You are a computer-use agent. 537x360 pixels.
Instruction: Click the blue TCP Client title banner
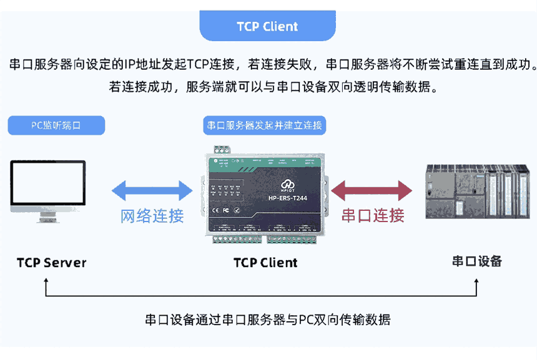click(267, 26)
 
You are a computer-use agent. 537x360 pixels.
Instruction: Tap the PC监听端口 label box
click(56, 125)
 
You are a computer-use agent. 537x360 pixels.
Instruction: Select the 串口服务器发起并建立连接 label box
click(265, 125)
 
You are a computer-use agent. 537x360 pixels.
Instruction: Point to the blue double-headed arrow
click(152, 190)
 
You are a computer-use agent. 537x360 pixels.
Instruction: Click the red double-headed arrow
click(372, 190)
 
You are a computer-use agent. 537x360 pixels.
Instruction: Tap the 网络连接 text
click(152, 216)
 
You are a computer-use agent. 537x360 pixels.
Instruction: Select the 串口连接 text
click(373, 216)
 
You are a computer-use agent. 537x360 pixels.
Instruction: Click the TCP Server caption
click(52, 262)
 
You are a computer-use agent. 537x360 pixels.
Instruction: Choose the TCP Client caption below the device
click(265, 263)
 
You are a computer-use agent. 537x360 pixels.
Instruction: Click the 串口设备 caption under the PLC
click(477, 261)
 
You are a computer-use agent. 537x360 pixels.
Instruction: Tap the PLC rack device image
click(478, 192)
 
